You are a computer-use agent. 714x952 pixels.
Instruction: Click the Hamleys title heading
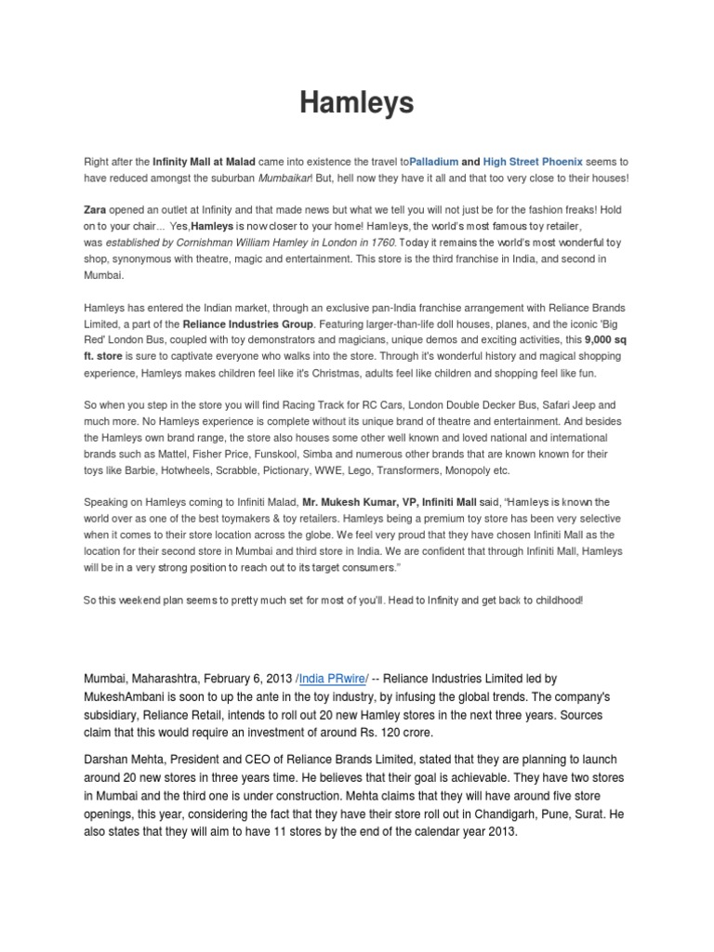[357, 103]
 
